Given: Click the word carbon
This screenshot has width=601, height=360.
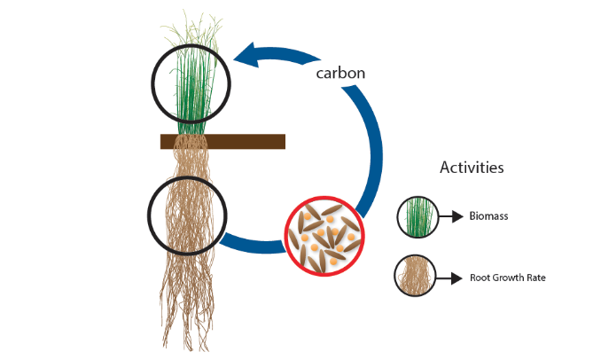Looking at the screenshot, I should [x=341, y=73].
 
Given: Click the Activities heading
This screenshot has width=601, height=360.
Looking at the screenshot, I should [x=472, y=167].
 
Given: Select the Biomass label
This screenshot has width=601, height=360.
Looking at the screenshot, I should [x=488, y=215].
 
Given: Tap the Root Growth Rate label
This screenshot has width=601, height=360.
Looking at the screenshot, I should [x=507, y=278].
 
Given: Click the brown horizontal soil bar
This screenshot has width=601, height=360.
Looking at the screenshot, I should [x=222, y=141].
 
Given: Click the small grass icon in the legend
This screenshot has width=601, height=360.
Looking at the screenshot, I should [x=416, y=215].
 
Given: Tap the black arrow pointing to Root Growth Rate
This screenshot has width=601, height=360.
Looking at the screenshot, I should [x=450, y=278].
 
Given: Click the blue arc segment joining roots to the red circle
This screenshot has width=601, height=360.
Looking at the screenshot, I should [x=254, y=243].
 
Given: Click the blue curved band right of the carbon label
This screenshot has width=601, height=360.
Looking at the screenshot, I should [x=378, y=133].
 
